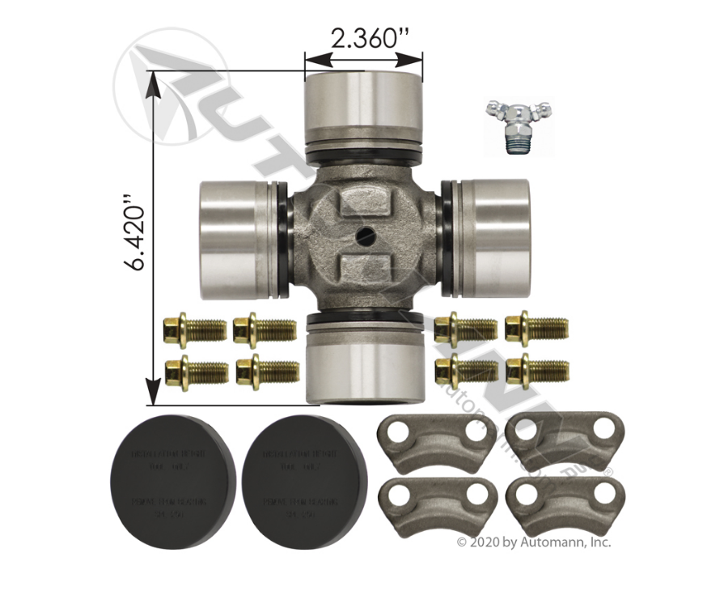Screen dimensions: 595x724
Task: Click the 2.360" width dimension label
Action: pyautogui.click(x=363, y=37)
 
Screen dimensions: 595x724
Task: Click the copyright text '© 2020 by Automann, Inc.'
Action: pyautogui.click(x=534, y=542)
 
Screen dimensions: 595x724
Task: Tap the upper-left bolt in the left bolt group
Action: pyautogui.click(x=195, y=329)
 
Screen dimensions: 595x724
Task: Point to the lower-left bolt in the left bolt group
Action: pyautogui.click(x=195, y=372)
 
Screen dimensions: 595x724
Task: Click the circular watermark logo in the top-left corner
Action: pyautogui.click(x=171, y=89)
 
